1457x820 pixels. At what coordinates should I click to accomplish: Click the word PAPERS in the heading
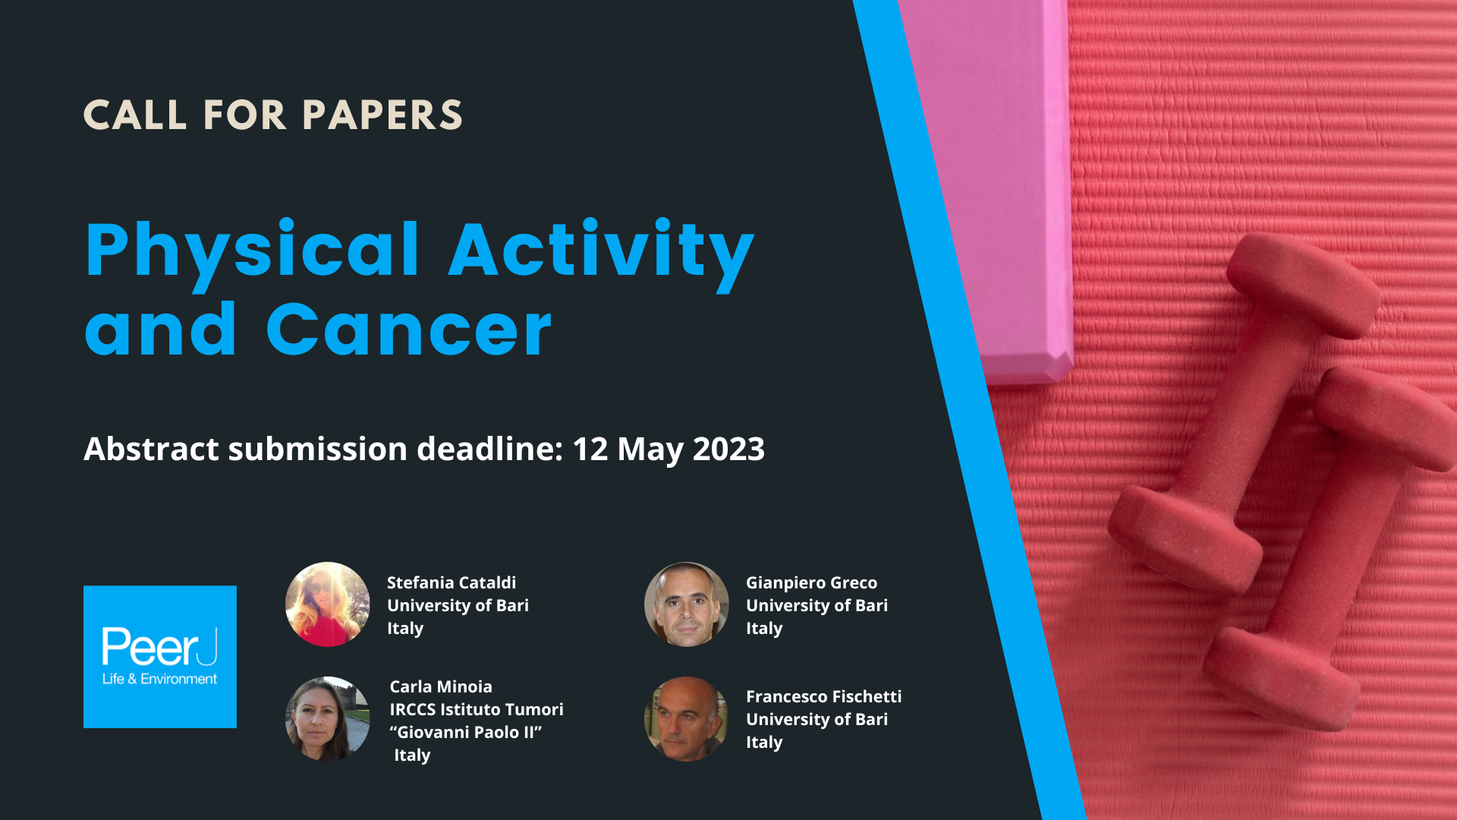382,115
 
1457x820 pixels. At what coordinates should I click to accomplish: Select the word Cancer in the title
408,330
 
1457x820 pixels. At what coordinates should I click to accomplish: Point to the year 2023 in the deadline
728,449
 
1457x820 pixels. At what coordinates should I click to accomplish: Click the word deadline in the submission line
490,449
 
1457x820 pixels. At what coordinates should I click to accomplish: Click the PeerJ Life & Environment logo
160,657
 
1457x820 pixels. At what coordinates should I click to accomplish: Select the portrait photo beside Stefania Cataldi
327,604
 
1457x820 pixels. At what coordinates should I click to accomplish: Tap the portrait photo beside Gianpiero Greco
686,604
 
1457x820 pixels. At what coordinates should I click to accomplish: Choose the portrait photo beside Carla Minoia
327,719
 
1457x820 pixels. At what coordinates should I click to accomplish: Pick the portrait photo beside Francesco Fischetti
686,719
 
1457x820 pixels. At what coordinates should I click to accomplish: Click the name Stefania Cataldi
452,583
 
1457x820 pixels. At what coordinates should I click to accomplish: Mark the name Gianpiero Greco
811,583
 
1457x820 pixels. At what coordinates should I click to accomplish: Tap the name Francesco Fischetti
823,696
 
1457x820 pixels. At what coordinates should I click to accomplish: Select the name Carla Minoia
441,686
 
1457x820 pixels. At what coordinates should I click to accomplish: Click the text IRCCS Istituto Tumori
477,709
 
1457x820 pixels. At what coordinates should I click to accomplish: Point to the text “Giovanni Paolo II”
466,732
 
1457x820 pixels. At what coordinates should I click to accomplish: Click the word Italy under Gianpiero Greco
764,629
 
